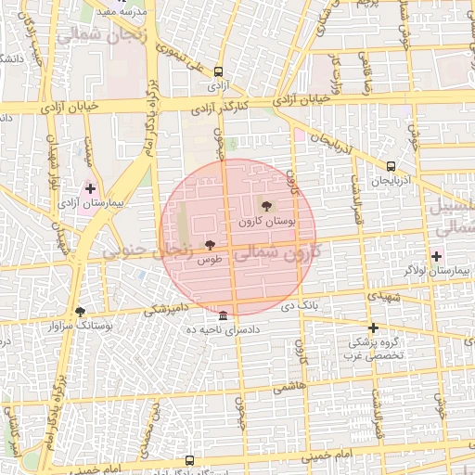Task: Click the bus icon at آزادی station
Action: (x=218, y=71)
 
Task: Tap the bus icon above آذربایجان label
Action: (x=391, y=167)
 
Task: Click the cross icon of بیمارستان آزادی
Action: (x=90, y=188)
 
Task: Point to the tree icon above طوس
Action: (x=210, y=245)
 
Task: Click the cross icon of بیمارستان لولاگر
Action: (x=436, y=256)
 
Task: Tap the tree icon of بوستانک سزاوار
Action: (x=80, y=313)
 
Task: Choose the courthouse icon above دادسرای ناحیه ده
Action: (x=224, y=315)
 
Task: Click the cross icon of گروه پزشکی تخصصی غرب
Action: (x=374, y=327)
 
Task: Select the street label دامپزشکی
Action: (x=166, y=308)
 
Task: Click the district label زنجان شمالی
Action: (x=89, y=36)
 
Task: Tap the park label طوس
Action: (x=208, y=261)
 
